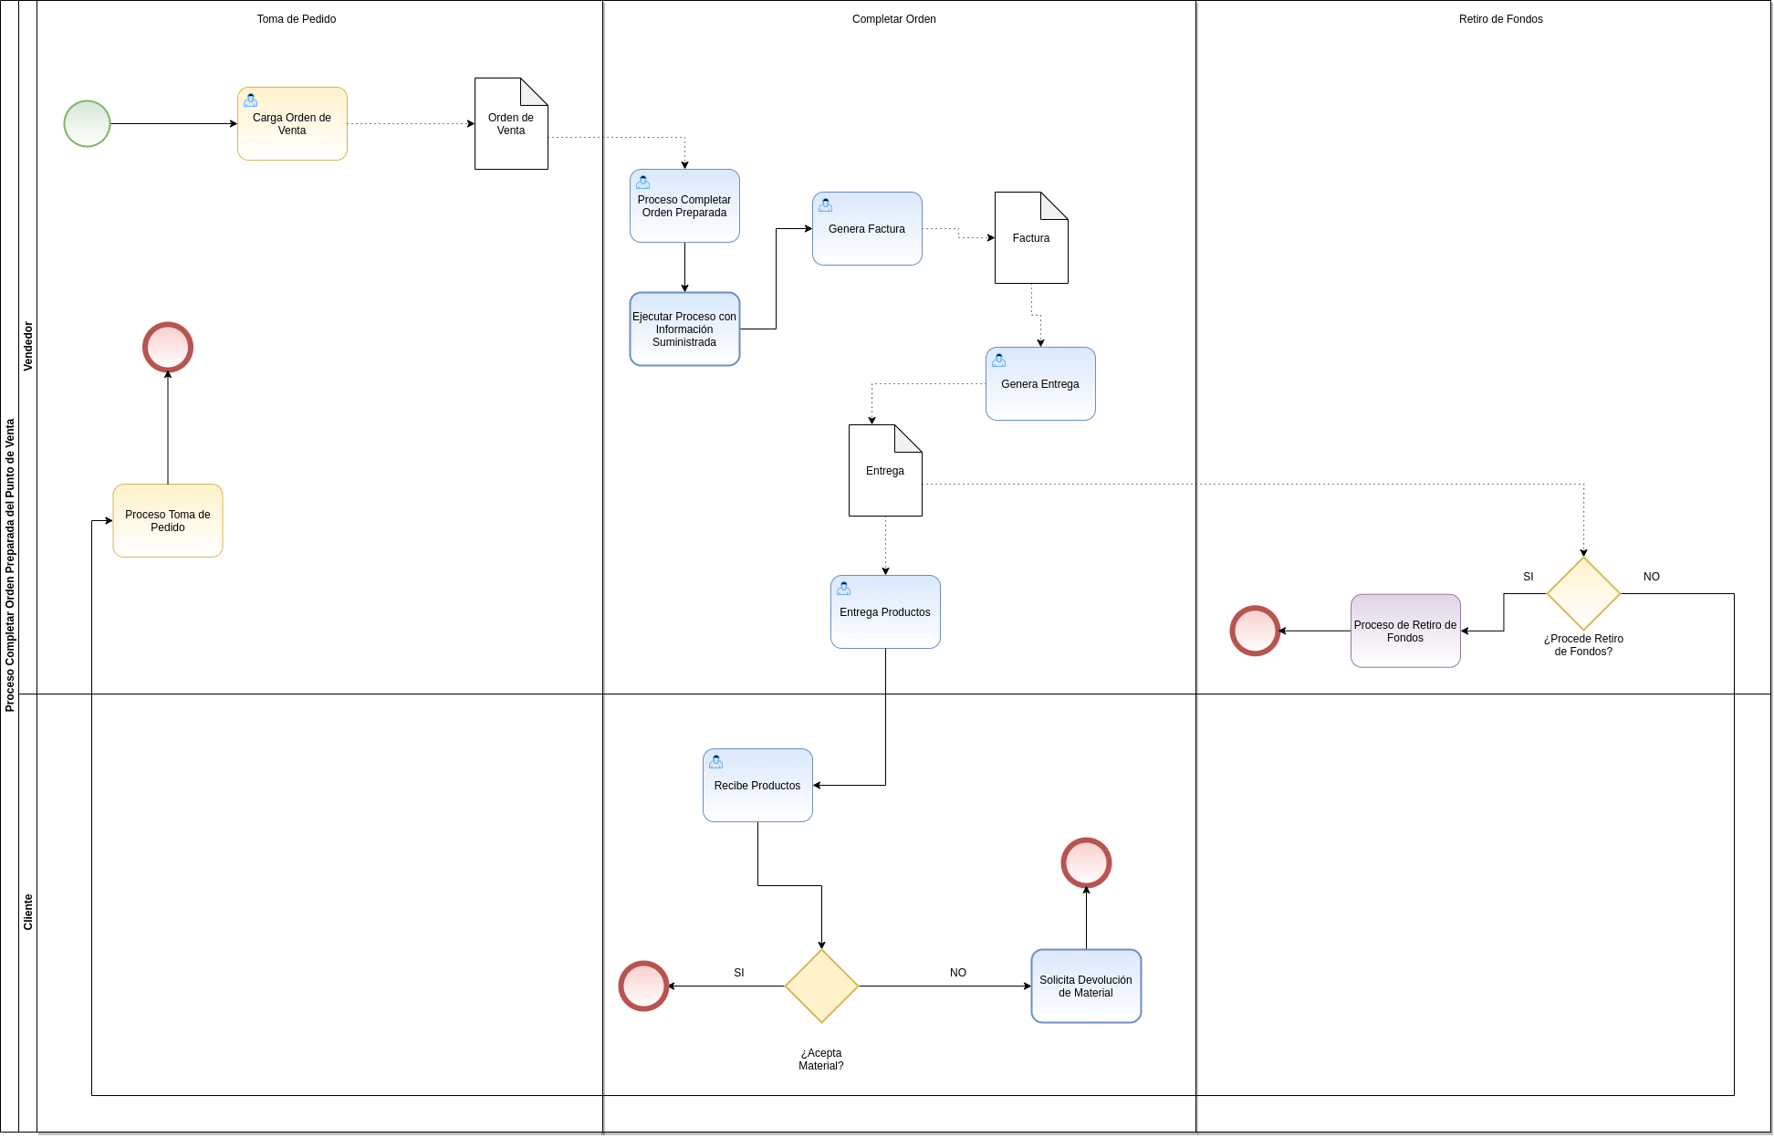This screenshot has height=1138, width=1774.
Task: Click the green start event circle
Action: [x=87, y=123]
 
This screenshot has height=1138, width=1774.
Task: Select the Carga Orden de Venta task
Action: [x=292, y=124]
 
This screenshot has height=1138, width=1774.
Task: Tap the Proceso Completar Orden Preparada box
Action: [x=684, y=206]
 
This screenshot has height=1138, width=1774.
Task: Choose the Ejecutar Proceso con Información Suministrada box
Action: [x=684, y=329]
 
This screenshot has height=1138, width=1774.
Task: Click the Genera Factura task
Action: [x=867, y=229]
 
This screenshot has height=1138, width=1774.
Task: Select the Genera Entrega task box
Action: [x=1040, y=384]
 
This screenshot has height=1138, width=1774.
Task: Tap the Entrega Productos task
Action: [x=885, y=612]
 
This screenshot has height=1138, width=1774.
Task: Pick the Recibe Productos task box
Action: [x=757, y=786]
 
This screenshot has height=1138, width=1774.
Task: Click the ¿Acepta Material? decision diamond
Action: [x=821, y=986]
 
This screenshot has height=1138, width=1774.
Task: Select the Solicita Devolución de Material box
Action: [x=1086, y=987]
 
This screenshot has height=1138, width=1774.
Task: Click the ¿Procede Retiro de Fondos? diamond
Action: [x=1583, y=594]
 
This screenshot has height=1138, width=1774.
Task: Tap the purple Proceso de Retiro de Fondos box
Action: [x=1405, y=632]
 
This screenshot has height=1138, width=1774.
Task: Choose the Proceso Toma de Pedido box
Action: [x=168, y=521]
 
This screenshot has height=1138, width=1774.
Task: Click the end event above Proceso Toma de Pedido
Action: [x=168, y=347]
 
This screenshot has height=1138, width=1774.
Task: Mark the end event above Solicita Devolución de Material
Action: [x=1086, y=862]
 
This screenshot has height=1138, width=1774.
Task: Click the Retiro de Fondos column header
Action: [x=1500, y=19]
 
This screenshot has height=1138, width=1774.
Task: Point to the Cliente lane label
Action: [x=28, y=912]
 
